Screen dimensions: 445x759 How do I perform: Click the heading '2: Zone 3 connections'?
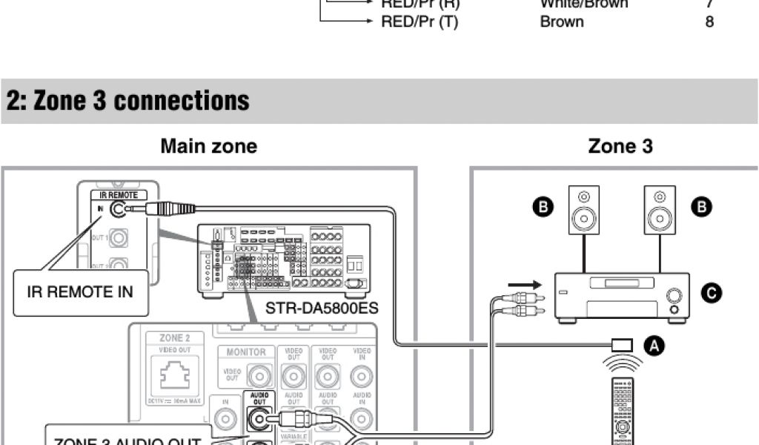[127, 101]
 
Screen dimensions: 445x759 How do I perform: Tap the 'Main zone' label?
[209, 146]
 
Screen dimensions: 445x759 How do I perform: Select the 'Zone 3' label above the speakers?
[620, 146]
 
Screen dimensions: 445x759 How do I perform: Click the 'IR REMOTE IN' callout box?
[80, 291]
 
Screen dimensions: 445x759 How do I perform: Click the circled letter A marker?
[652, 344]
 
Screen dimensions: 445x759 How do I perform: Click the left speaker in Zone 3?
[584, 209]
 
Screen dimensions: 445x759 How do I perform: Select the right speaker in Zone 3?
[659, 209]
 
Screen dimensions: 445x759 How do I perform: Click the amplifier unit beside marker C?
[623, 297]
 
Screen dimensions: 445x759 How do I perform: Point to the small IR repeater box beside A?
[622, 345]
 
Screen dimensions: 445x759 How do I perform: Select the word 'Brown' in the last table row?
[562, 22]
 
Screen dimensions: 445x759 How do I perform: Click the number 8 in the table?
[709, 22]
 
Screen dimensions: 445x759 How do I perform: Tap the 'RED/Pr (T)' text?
[419, 22]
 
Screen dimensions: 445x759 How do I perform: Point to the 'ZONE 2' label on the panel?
[174, 337]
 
